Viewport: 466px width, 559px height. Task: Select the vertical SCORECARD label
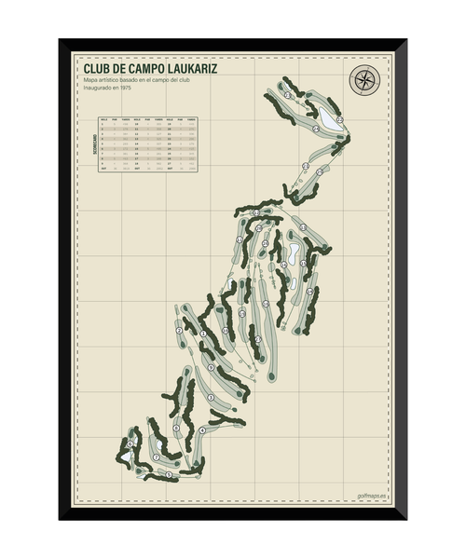pos(92,144)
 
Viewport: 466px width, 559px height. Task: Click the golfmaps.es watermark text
pos(371,498)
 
